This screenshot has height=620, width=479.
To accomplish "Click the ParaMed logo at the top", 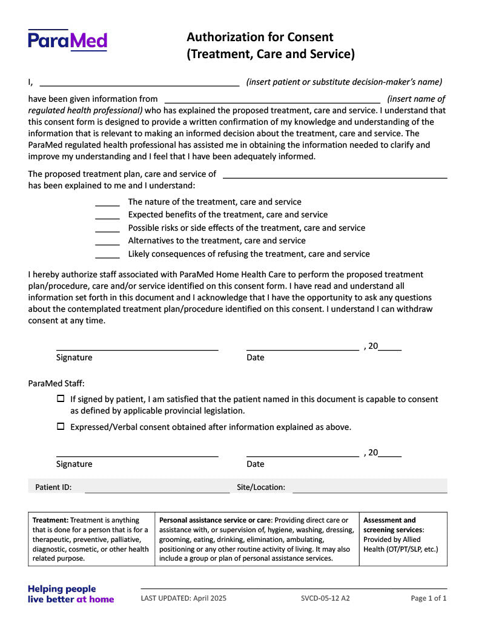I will [x=67, y=41].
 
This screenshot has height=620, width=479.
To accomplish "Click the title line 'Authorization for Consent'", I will [x=260, y=37].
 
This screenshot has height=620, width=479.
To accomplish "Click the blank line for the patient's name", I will [x=139, y=82].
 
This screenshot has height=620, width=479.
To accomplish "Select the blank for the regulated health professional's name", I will [x=273, y=99].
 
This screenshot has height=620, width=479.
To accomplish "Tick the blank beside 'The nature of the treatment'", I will [x=108, y=202].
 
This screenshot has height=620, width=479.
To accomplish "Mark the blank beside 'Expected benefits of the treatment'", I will [x=108, y=215].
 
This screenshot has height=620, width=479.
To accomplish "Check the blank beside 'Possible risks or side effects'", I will [x=108, y=228].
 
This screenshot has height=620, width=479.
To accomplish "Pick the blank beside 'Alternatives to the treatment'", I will [x=108, y=241].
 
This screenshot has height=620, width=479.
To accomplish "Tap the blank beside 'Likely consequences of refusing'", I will [x=108, y=254].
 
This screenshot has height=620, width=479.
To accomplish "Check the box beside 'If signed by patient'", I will [x=61, y=399].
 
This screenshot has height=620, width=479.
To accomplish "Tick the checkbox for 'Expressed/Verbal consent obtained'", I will [x=61, y=426].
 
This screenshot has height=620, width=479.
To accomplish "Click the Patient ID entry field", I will [x=157, y=487].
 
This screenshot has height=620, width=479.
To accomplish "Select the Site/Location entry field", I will [x=369, y=487].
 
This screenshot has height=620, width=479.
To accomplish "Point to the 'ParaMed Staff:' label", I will [x=56, y=383].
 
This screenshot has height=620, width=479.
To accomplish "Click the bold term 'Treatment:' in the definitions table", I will [x=51, y=520].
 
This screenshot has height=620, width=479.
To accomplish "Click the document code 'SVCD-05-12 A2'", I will [x=325, y=598].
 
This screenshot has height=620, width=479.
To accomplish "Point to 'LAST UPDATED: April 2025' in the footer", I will [x=183, y=598].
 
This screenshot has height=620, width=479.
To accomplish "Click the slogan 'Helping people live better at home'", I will [x=71, y=594].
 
